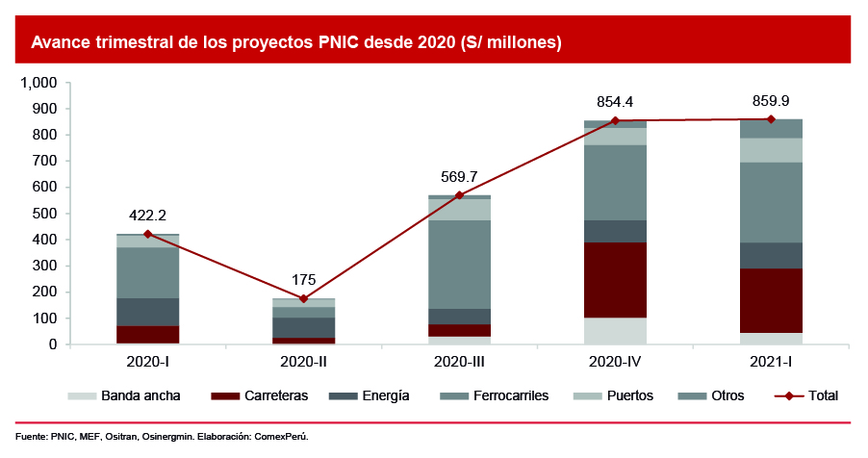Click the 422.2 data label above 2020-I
147,216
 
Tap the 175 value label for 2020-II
303,281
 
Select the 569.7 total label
459,177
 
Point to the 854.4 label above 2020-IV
615,102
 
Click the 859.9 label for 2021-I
771,100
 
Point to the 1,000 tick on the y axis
39,83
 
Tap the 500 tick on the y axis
45,214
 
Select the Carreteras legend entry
272,395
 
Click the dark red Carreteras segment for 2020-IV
615,280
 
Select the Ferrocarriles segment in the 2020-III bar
459,265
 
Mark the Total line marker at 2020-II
303,298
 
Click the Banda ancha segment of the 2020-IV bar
615,331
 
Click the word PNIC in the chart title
337,43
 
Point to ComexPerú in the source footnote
281,437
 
